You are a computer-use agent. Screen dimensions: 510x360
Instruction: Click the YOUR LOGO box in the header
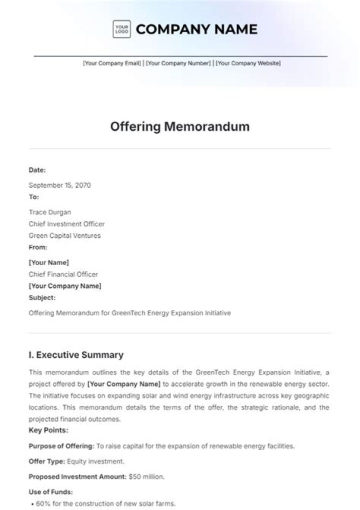tap(121, 29)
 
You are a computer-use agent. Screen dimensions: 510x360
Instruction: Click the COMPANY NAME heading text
tap(196, 29)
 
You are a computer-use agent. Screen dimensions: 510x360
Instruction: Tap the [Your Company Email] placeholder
tap(112, 64)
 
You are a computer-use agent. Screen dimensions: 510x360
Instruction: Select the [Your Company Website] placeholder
tap(248, 64)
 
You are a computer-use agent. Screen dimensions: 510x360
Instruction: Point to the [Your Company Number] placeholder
tap(178, 64)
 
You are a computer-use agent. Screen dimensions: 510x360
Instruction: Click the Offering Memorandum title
tap(179, 127)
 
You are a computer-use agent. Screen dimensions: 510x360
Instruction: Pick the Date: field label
tap(37, 170)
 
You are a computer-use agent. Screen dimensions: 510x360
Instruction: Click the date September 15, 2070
tap(59, 185)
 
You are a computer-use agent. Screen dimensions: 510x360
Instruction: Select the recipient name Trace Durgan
tap(50, 212)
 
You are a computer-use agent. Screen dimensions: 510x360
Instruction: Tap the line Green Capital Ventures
tap(64, 235)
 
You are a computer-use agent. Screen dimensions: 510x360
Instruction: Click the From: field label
tap(38, 247)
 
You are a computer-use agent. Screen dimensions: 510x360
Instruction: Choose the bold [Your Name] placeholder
tap(49, 262)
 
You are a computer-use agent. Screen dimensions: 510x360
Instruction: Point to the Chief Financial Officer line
tap(63, 274)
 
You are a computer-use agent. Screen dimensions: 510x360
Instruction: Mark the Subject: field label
tap(42, 297)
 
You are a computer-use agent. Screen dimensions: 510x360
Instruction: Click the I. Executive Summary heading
tap(76, 355)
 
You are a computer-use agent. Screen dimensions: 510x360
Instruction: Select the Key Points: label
tap(48, 430)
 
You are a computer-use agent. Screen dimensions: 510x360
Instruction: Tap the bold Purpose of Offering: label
tap(61, 445)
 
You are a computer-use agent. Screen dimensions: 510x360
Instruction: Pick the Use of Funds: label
tap(50, 492)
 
